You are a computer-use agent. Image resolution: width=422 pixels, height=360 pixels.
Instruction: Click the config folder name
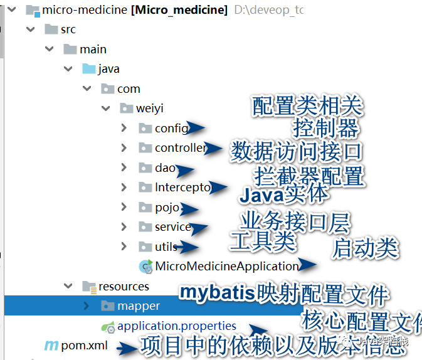tap(171, 129)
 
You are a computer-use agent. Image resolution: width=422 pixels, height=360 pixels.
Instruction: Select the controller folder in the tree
tap(180, 148)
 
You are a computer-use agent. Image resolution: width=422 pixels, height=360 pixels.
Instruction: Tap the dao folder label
tap(165, 168)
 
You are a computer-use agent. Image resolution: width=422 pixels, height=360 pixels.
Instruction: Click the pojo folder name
tap(167, 208)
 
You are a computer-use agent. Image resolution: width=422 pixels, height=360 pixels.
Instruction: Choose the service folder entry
tap(172, 227)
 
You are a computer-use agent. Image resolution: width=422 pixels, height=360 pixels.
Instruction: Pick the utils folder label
tap(166, 246)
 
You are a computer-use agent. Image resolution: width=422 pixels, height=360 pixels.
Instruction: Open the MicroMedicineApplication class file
tap(226, 266)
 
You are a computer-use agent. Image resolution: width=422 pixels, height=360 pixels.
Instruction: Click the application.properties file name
tap(177, 326)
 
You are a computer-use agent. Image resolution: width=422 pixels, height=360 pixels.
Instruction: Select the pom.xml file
tap(84, 346)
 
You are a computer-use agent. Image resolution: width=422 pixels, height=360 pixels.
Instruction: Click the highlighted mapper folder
tap(139, 306)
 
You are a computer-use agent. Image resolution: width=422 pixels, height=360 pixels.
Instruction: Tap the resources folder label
tap(124, 286)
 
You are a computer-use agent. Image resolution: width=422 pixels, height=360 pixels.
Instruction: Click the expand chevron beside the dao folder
tap(124, 168)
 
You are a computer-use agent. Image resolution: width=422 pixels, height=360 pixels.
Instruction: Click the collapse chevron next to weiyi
tap(105, 109)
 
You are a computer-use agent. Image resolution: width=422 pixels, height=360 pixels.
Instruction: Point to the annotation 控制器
tap(325, 128)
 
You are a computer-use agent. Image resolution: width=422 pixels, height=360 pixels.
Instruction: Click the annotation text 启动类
tap(365, 248)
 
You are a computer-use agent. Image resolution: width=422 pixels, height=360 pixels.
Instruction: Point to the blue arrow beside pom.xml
tap(129, 346)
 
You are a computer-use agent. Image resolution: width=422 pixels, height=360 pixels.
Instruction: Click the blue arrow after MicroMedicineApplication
tap(307, 265)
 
